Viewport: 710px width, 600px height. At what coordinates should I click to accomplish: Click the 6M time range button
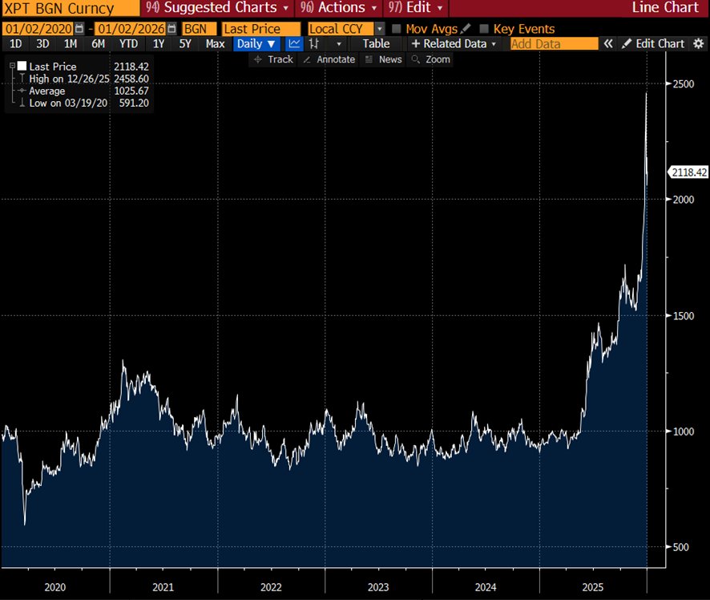98,43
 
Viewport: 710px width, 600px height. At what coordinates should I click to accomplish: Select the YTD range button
128,43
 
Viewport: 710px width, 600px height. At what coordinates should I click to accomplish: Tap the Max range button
215,43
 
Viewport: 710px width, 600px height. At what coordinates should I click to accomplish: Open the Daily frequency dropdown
256,43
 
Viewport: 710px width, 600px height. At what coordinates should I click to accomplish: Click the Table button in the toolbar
376,43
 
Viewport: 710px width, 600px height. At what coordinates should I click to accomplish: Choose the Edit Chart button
654,43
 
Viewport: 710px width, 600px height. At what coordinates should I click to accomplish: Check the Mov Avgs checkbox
397,29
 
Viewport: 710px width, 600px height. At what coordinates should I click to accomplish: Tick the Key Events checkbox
484,29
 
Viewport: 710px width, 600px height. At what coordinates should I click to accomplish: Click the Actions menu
333,8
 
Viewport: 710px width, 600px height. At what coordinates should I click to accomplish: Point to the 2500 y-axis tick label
681,84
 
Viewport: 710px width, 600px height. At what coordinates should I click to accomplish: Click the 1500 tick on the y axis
681,316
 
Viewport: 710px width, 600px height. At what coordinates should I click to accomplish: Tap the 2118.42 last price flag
688,172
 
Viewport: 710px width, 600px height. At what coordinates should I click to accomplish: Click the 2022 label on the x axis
271,587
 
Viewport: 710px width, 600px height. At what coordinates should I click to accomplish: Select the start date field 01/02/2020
38,29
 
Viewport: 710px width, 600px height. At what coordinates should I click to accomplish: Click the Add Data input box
554,43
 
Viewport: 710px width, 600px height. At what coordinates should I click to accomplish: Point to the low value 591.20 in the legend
131,103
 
